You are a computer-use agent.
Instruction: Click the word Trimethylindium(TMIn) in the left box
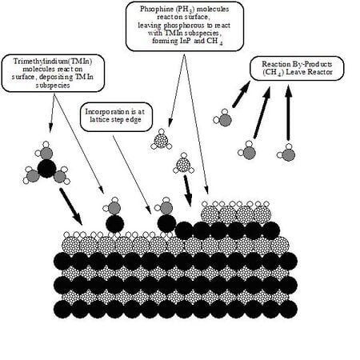click(x=53, y=62)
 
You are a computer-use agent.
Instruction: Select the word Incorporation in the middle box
click(x=107, y=111)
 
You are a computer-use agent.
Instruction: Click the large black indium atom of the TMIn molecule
click(x=46, y=169)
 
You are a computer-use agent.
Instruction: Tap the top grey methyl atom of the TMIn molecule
click(x=46, y=154)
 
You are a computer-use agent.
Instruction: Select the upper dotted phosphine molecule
click(x=162, y=139)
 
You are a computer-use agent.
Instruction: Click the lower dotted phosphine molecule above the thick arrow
click(x=184, y=163)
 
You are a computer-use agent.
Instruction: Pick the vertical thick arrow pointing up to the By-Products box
click(x=288, y=112)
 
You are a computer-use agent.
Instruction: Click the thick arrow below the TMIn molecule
click(x=70, y=206)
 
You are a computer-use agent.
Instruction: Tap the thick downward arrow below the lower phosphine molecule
click(x=188, y=190)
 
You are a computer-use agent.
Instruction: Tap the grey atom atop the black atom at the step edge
click(x=166, y=208)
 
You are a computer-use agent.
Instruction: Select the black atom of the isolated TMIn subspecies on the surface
click(x=115, y=224)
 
